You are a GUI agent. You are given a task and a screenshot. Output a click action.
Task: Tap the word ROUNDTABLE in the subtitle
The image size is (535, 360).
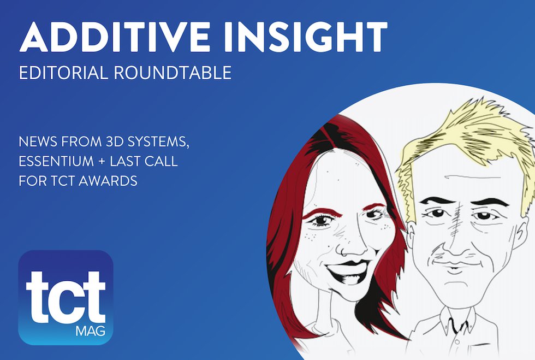point(173,73)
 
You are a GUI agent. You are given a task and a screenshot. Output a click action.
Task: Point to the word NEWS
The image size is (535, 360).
point(38,143)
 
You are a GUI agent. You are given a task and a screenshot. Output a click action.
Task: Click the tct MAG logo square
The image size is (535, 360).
point(66,297)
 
